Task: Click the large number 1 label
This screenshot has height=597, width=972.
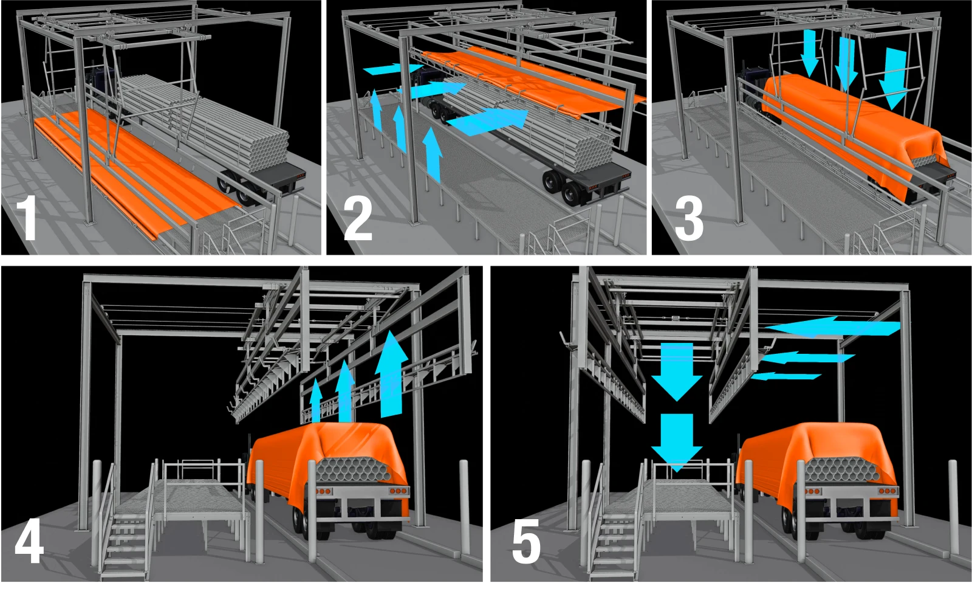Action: pyautogui.click(x=27, y=217)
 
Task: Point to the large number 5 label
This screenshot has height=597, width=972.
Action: pyautogui.click(x=525, y=542)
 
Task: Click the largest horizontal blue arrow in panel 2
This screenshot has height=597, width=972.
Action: pyautogui.click(x=489, y=120)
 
